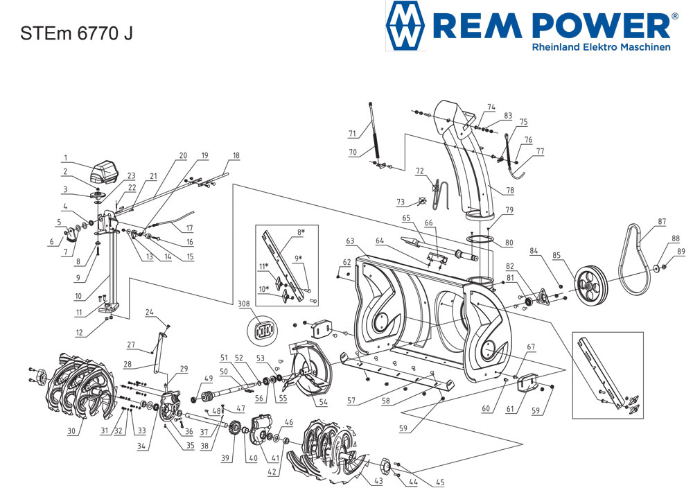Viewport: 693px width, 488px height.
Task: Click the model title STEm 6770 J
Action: coord(76,33)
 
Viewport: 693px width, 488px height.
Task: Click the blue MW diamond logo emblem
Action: coord(405,26)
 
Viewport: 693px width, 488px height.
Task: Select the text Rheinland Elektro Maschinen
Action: coord(601,47)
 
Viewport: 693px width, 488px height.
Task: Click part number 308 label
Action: coord(244,304)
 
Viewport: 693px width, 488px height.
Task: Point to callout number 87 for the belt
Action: coord(662,221)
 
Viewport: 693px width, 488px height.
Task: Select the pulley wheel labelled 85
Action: coord(591,286)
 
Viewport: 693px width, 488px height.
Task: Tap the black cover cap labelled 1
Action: coord(105,172)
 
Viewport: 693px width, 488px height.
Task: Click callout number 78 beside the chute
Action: coord(510,191)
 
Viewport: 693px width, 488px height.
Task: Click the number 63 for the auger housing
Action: coord(351,241)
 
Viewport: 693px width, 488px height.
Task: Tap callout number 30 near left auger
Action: coord(71,431)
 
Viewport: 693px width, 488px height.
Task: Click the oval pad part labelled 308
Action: coord(263,330)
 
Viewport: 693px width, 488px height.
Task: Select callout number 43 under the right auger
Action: coord(378,480)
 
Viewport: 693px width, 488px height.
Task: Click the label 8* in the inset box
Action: coord(301,232)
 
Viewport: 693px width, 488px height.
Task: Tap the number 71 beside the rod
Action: coord(352,133)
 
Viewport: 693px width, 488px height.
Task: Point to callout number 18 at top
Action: coord(236,155)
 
